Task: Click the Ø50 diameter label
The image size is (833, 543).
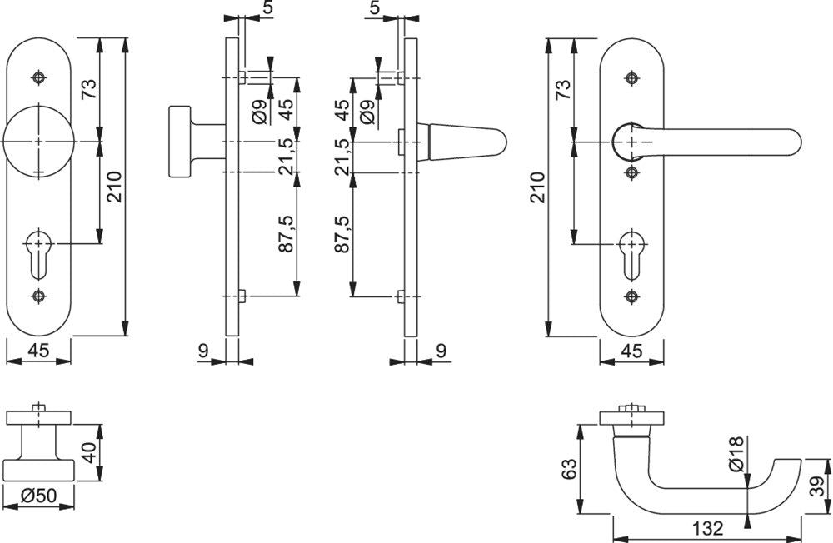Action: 38,496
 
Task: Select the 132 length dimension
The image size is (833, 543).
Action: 707,529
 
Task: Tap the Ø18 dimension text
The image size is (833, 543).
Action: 736,454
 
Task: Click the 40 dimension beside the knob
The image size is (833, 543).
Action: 89,453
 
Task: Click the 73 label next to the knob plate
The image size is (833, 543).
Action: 89,89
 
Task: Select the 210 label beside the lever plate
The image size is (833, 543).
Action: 537,187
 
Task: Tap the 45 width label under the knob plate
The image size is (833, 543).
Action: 37,351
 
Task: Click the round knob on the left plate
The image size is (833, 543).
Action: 38,142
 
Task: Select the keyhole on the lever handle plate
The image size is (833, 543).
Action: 631,255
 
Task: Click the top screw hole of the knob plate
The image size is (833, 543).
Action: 38,77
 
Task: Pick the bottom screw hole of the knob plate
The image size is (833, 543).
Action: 38,296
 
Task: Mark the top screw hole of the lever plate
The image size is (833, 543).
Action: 631,78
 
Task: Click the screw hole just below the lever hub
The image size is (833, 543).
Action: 631,172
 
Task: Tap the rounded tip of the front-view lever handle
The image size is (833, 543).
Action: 794,142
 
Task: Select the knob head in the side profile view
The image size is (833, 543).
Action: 180,142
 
